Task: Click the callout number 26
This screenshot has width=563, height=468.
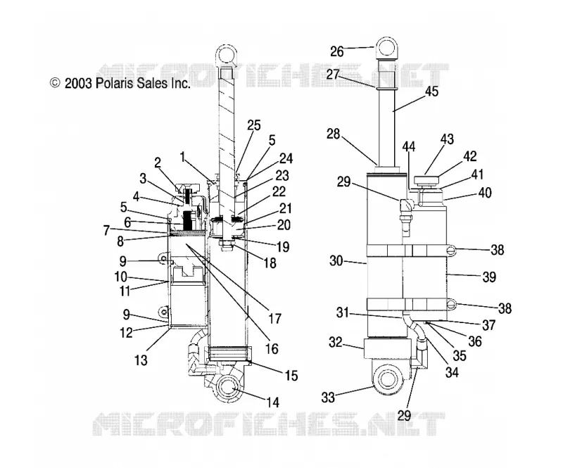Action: tap(337, 51)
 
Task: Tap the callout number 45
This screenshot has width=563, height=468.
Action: tap(431, 91)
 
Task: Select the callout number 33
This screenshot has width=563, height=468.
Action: tap(328, 397)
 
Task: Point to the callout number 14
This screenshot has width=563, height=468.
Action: tap(273, 403)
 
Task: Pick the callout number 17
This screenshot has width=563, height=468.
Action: tap(274, 318)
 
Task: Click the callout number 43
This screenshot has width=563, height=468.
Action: tap(447, 139)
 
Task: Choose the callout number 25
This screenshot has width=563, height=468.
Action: tap(253, 125)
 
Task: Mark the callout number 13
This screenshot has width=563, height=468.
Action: tap(141, 360)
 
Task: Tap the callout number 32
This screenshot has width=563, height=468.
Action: tap(336, 342)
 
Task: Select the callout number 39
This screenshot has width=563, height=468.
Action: tap(489, 277)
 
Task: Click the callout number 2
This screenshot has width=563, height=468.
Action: tap(158, 163)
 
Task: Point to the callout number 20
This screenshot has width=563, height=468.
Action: tap(284, 225)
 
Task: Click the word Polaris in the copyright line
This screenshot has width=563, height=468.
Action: tap(115, 83)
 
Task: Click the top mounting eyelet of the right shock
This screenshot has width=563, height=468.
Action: tap(386, 48)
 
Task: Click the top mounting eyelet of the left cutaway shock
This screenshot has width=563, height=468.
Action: tap(227, 56)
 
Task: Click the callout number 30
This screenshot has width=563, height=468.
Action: tap(336, 261)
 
